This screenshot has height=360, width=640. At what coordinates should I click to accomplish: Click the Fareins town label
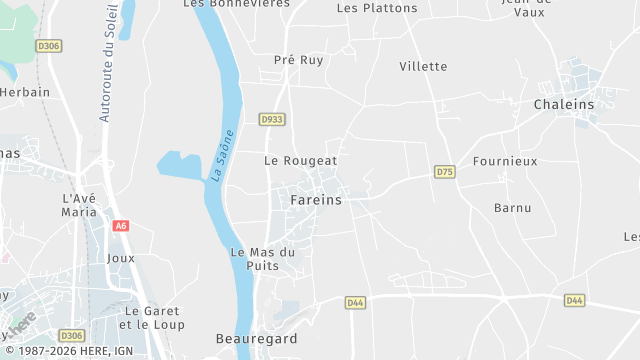[x=315, y=200]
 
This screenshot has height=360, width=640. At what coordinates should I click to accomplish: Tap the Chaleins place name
[x=563, y=104]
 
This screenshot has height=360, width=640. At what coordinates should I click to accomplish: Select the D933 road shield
[x=271, y=119]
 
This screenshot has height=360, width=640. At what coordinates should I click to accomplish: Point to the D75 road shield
[x=445, y=172]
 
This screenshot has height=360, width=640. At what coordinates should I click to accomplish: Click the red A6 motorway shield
[x=121, y=226]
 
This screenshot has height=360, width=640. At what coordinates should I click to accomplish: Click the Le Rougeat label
[x=300, y=160]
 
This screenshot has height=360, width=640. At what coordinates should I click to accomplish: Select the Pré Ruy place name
[x=298, y=60]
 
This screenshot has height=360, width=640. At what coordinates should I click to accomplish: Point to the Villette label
[x=423, y=66]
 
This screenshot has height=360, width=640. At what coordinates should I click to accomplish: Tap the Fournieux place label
[x=505, y=160]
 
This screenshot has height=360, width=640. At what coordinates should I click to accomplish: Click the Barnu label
[x=513, y=208]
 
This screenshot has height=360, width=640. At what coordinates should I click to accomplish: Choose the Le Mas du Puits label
[x=262, y=259]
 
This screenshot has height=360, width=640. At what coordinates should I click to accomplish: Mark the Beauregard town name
[x=256, y=339]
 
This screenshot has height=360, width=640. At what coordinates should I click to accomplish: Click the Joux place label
[x=120, y=257]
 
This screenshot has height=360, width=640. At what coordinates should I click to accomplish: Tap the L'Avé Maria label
[x=80, y=205]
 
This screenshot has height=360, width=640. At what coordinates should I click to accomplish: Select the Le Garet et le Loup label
[x=151, y=317]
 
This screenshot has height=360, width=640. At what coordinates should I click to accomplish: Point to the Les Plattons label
[x=377, y=8]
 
